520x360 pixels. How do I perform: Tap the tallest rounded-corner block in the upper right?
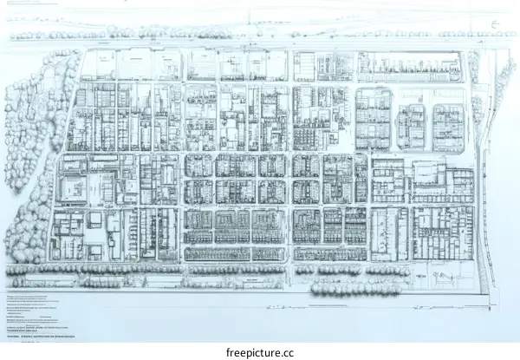point(373,118)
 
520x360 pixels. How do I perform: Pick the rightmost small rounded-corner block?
point(448,127)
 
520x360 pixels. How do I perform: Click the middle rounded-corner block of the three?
point(411,127)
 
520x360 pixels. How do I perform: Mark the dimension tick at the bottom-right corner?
point(491,305)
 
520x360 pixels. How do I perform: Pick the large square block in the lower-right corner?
point(442,232)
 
